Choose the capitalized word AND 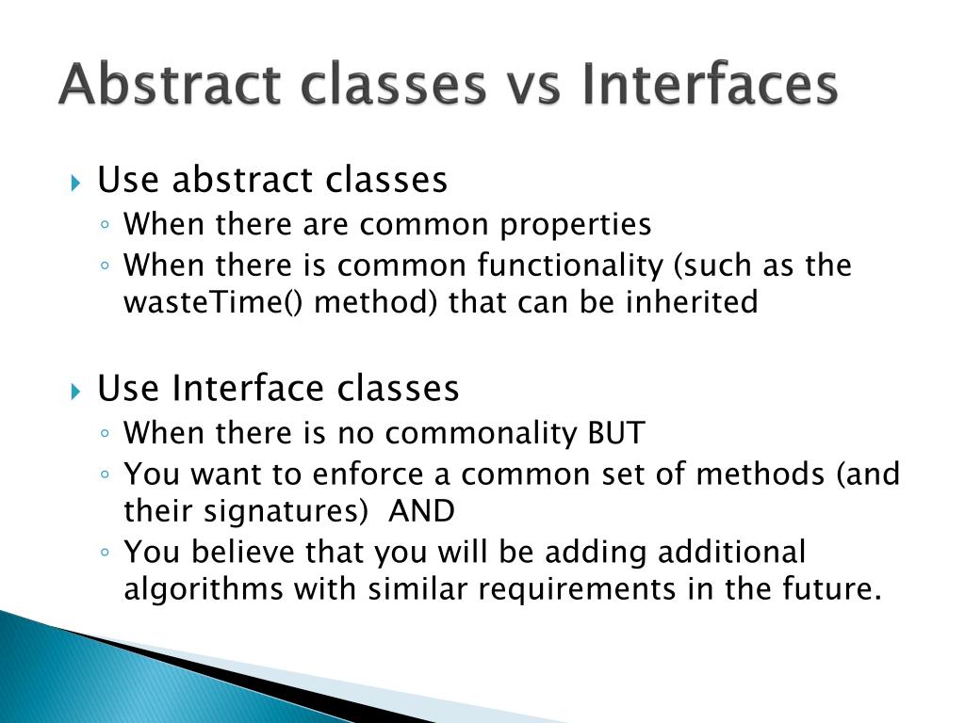422,512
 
